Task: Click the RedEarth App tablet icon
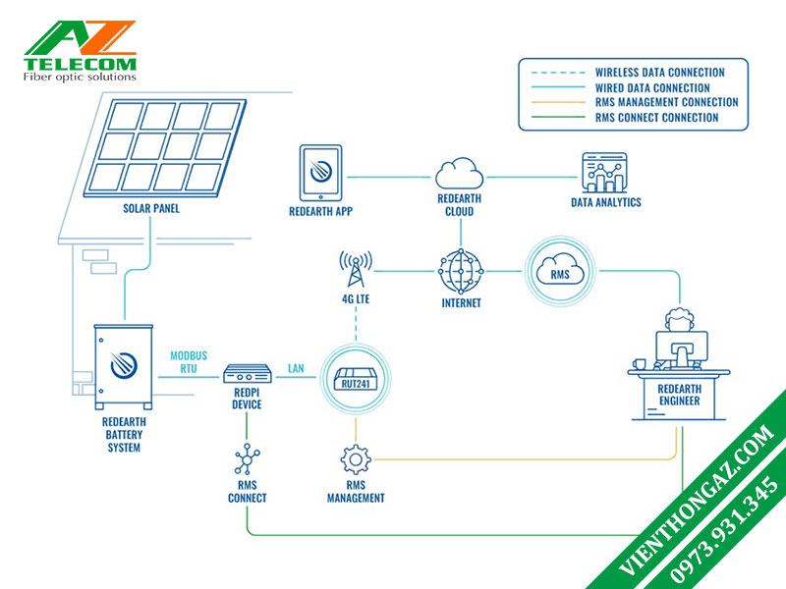click(321, 173)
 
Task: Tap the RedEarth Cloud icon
click(460, 174)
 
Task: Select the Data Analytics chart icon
click(604, 173)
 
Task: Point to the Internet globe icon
click(461, 272)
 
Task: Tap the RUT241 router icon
click(356, 379)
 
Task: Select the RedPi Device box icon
click(248, 374)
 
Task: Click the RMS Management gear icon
click(356, 459)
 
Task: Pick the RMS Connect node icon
click(248, 458)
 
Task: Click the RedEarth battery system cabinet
click(124, 366)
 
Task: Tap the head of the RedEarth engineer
click(680, 319)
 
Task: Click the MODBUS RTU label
click(189, 362)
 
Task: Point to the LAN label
click(296, 369)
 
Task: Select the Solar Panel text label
click(151, 208)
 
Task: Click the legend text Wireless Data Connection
click(659, 73)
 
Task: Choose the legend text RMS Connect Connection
click(656, 118)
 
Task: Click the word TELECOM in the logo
click(81, 64)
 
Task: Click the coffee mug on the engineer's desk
click(640, 364)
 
